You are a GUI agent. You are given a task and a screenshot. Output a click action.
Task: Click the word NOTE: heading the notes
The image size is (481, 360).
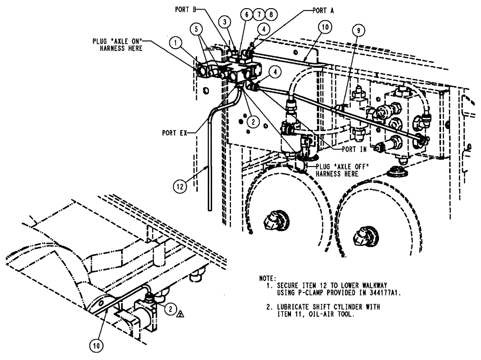[267, 278]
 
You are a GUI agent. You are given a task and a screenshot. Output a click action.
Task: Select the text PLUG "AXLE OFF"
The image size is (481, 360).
[341, 166]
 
